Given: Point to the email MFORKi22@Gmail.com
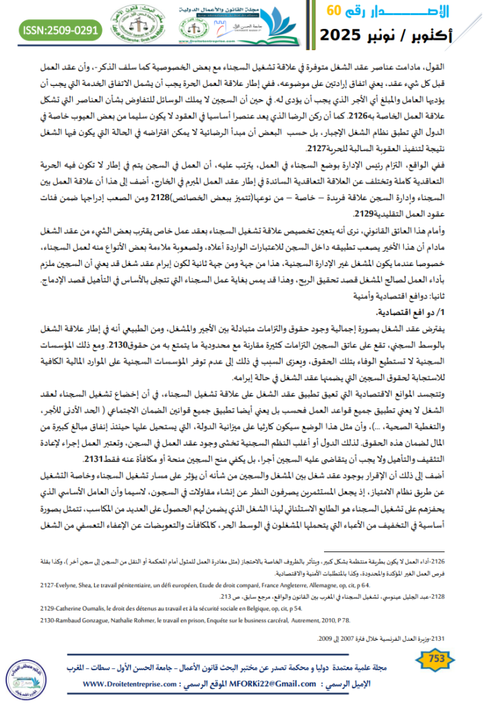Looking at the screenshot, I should point(278,685).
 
